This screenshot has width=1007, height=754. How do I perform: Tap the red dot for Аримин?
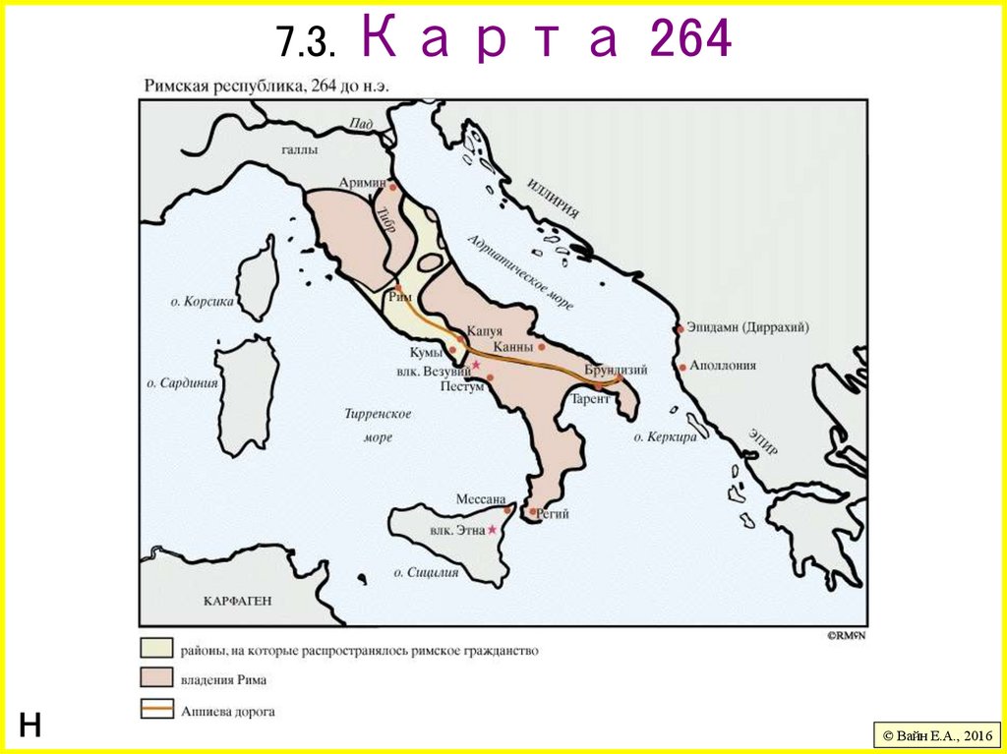click(392, 186)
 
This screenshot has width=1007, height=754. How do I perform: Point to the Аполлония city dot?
click(681, 367)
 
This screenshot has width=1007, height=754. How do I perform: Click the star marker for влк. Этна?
click(493, 529)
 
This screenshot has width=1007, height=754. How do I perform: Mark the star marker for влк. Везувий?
click(476, 365)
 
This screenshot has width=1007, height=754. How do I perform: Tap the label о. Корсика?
click(202, 302)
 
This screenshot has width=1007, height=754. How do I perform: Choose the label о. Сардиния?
click(182, 382)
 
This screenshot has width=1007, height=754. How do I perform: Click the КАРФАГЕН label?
click(237, 600)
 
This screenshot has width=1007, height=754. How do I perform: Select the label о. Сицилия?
click(427, 571)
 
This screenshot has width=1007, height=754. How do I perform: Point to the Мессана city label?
click(480, 498)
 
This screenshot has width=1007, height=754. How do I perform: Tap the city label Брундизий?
click(616, 370)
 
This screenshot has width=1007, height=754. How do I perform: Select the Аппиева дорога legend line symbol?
click(155, 711)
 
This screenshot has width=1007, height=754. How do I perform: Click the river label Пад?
click(360, 124)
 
